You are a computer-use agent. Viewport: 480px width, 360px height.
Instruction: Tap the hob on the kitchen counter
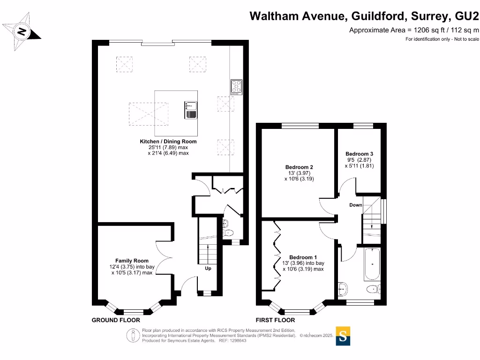[236, 87]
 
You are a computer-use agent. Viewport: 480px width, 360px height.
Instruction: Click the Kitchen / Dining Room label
[168, 141]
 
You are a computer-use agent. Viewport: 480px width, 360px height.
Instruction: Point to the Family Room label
[132, 261]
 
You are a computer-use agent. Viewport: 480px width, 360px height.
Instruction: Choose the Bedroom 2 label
[299, 167]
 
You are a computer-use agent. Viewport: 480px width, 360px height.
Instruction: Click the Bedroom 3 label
[359, 154]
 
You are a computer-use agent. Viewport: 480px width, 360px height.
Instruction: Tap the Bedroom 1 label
[303, 257]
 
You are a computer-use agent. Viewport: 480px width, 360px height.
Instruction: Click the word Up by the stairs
[208, 269]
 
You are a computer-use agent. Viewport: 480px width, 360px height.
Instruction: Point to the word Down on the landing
[355, 205]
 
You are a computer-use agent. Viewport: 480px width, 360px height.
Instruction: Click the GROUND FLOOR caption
[116, 320]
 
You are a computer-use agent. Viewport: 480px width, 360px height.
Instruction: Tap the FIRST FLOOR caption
[275, 320]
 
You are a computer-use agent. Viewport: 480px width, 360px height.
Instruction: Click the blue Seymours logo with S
[344, 336]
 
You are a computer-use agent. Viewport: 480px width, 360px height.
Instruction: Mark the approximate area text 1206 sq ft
[414, 30]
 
